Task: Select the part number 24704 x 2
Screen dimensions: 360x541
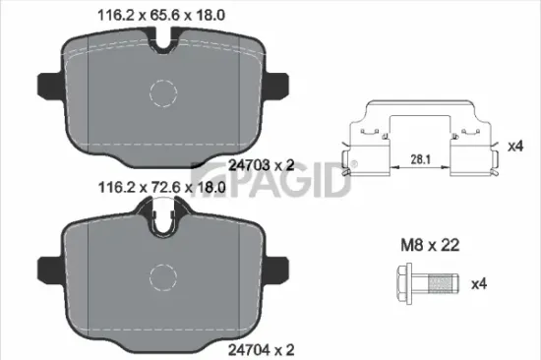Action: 260,347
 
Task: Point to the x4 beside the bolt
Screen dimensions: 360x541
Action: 479,284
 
